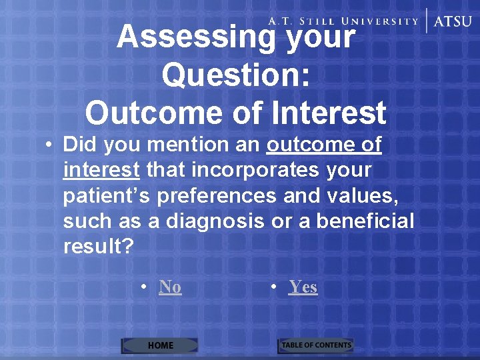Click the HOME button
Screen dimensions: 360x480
coord(160,345)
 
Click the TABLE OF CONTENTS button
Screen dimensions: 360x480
coord(315,345)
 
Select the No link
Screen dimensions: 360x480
coord(170,287)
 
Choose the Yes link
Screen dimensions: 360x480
coord(303,287)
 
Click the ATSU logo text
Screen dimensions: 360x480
coord(453,21)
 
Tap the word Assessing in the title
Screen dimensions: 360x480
coord(195,37)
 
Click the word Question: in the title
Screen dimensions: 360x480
coord(235,75)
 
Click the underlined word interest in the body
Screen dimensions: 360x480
coord(101,170)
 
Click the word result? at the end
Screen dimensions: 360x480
coord(98,246)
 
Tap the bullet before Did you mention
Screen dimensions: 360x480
coord(49,145)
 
